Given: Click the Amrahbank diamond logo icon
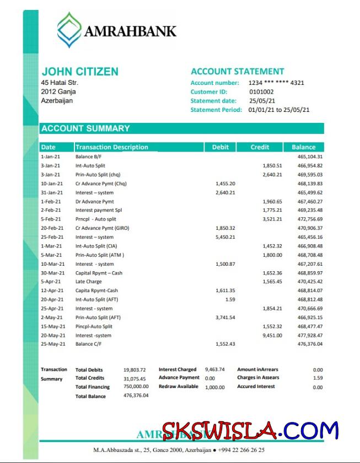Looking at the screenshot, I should point(69,30).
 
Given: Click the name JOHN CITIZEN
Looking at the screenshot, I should point(80,72).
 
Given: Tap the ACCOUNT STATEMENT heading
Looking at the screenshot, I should point(237,72).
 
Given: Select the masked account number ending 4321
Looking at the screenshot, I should point(276,83).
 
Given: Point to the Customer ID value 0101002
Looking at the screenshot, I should point(261,92).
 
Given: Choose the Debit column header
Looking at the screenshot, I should point(220,147).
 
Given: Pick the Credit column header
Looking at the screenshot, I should point(260,147).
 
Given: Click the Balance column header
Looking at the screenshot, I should point(303,147).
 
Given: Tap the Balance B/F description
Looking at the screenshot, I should point(88,157).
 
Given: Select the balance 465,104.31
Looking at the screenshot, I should point(310,157).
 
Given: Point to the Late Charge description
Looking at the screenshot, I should point(88,282).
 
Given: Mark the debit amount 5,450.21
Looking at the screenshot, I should point(225,237).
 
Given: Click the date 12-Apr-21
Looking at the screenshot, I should point(52,290).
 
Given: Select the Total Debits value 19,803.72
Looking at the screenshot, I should point(135,370).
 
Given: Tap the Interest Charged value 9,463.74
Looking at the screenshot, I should point(214,369).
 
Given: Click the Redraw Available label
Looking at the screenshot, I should point(178,386).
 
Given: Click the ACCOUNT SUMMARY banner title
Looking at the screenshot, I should point(86,128).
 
